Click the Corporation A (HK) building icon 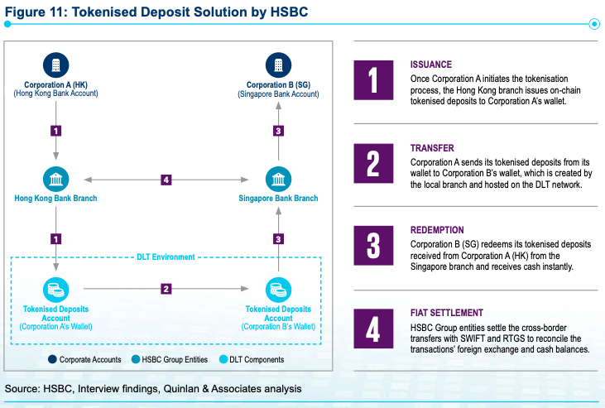[56, 65]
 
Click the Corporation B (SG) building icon [279, 65]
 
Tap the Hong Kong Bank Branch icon [56, 179]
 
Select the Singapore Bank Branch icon [279, 179]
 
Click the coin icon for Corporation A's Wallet [56, 290]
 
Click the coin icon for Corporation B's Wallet [279, 290]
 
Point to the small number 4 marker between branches [166, 180]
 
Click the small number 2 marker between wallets [166, 289]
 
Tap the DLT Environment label [166, 257]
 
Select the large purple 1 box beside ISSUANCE [373, 80]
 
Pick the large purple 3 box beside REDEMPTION [373, 246]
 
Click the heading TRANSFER [432, 148]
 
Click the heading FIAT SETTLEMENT [447, 313]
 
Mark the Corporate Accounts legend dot [52, 359]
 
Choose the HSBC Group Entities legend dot [136, 359]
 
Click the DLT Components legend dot [223, 359]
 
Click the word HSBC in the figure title [289, 12]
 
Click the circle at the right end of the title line [594, 24]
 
